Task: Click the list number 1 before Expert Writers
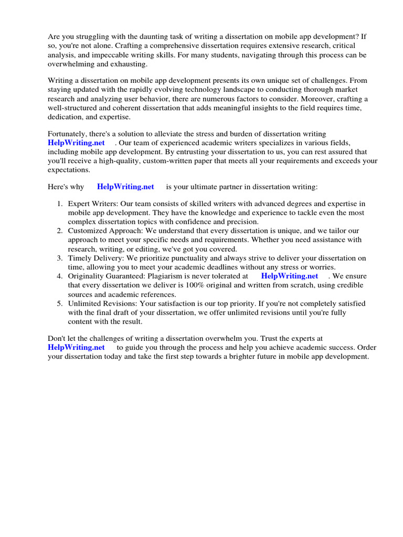tap(60, 203)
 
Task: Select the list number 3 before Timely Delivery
tap(60, 258)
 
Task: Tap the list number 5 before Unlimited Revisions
tap(60, 303)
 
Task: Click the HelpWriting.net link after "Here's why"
tap(125, 187)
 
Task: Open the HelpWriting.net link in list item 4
tap(289, 276)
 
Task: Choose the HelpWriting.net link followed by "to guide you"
tap(76, 347)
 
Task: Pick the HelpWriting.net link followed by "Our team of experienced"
tap(76, 143)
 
